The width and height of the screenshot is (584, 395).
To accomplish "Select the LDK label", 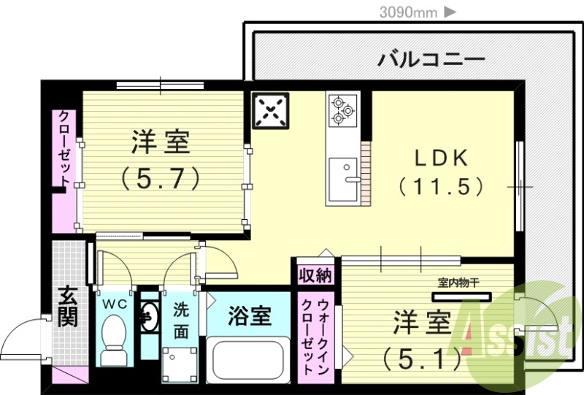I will [x=441, y=158].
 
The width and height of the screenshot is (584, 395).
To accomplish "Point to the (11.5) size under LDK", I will [x=441, y=186].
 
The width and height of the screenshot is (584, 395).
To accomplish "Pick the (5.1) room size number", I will [x=423, y=358].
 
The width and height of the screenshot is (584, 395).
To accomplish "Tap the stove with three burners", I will [x=342, y=110].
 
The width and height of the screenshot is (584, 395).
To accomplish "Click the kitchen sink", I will [x=342, y=179].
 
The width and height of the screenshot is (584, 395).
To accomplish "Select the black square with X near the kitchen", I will [x=271, y=110].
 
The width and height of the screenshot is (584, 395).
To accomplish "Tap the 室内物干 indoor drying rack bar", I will [x=462, y=297].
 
